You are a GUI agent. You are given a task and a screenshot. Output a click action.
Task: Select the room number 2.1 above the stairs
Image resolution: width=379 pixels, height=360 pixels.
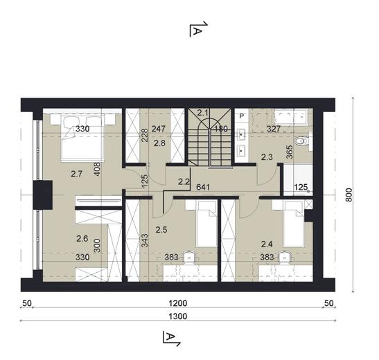202,113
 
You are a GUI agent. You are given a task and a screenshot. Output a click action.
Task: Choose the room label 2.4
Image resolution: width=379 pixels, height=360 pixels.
267,244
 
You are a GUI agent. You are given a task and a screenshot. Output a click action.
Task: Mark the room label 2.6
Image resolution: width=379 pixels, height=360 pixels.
82,240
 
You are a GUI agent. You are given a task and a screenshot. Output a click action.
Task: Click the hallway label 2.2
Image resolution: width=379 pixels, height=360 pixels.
184,182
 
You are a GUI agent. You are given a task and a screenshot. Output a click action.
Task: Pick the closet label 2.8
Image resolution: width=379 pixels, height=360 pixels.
159,143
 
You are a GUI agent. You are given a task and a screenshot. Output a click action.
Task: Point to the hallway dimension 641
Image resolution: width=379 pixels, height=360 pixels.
203,186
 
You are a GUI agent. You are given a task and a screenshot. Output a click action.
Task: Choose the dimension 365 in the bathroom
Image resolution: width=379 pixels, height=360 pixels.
289,154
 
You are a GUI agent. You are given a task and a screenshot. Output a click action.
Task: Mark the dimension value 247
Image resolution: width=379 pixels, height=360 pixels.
159,129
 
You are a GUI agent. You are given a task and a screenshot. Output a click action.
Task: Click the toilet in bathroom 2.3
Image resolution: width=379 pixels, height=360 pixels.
301,143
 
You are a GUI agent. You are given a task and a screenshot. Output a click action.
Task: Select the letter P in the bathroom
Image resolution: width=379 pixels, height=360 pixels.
240,116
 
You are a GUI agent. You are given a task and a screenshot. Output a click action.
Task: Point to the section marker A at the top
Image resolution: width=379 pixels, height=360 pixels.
197,30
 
